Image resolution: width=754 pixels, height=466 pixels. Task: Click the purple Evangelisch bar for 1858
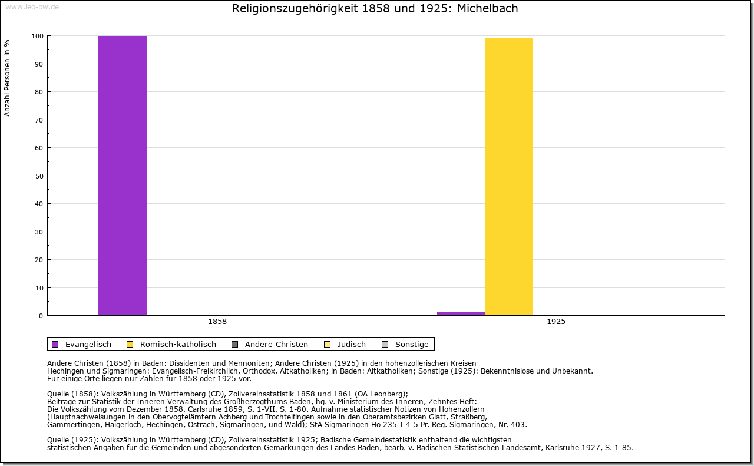[x=122, y=176]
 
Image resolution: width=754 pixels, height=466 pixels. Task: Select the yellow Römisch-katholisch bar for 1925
[x=508, y=177]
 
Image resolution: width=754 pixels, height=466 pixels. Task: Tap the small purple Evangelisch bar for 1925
[x=461, y=314]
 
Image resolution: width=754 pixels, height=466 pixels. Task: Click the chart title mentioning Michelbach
[x=375, y=8]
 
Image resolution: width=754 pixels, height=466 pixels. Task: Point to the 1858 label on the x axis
[x=217, y=322]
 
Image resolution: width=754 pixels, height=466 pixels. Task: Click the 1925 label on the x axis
[x=556, y=322]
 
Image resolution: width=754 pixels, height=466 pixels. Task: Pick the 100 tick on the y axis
[x=37, y=36]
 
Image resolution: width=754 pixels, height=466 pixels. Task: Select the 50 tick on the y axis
[x=39, y=176]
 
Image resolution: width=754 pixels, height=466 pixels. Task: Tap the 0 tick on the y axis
[x=41, y=316]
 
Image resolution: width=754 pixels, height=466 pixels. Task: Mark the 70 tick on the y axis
[x=39, y=120]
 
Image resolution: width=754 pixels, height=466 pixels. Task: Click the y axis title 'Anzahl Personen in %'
[x=7, y=78]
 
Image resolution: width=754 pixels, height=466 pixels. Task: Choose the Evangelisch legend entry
[x=81, y=344]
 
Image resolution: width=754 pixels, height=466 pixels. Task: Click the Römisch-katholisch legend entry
[x=171, y=344]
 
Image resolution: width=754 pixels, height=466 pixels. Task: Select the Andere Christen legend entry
[x=270, y=344]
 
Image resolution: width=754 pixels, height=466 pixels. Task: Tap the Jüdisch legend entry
[x=345, y=344]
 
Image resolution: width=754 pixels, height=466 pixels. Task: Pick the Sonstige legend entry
[x=405, y=344]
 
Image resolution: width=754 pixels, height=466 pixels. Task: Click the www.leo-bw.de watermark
[x=32, y=6]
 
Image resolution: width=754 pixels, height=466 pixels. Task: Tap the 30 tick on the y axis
[x=39, y=232]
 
